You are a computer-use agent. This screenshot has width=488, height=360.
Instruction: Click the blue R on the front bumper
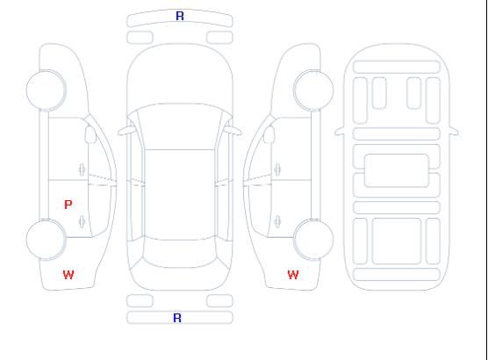[180, 16]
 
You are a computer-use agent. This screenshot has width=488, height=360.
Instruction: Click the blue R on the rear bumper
[177, 318]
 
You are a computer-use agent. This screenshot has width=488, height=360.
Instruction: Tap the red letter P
[68, 205]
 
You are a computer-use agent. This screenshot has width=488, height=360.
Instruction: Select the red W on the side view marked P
[68, 275]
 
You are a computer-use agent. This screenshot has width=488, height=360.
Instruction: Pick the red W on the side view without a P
[293, 275]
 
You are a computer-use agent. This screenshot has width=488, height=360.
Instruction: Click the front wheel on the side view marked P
[46, 90]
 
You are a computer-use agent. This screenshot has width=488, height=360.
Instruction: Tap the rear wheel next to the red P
[46, 240]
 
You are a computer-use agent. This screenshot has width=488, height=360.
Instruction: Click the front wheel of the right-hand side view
[313, 90]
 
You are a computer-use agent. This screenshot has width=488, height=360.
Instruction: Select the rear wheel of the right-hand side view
[313, 240]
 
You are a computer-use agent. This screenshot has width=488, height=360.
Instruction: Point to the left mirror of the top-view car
[126, 131]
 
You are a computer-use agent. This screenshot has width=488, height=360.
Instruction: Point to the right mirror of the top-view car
[233, 131]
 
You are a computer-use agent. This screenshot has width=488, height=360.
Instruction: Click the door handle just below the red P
[82, 221]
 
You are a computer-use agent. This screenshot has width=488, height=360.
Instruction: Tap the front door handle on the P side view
[82, 169]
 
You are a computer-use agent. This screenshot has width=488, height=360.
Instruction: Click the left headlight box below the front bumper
[140, 38]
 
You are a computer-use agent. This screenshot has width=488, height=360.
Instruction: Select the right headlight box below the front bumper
[219, 38]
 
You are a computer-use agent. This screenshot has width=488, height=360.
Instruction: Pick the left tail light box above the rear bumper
[140, 301]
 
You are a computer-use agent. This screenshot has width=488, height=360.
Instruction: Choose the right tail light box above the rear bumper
[219, 301]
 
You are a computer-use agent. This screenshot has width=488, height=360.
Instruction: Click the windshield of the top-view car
[180, 126]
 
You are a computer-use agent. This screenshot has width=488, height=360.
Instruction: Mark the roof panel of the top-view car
[180, 195]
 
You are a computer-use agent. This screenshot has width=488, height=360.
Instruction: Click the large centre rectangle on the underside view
[397, 170]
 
